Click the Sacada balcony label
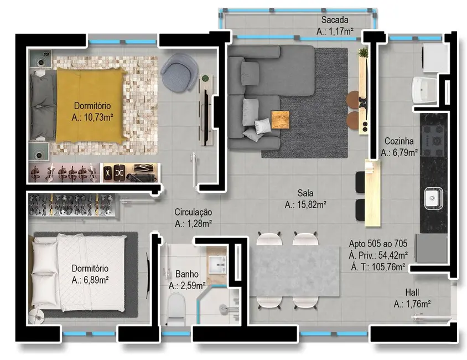point(335,21)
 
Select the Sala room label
point(305,194)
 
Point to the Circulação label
point(193,212)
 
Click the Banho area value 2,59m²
point(187,286)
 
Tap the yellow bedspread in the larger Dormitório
point(89,105)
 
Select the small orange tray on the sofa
point(280,120)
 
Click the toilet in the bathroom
point(175,308)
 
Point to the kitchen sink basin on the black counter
point(432,197)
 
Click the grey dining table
point(294,271)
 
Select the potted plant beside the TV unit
point(363,53)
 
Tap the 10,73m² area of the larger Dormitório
point(92,118)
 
